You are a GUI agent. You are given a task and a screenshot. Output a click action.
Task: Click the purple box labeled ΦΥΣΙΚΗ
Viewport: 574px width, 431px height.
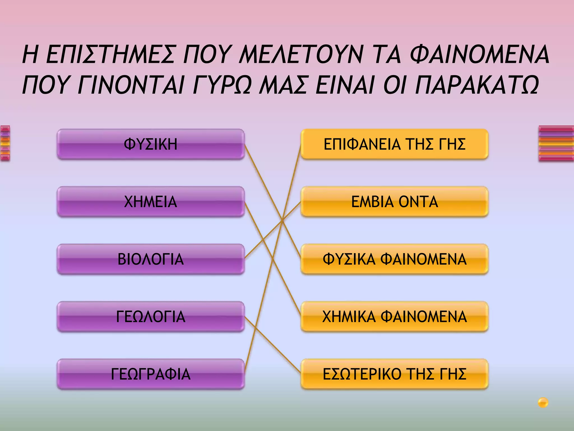coord(151,145)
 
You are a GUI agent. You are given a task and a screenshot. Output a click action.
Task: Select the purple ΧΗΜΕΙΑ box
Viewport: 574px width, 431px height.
coord(151,202)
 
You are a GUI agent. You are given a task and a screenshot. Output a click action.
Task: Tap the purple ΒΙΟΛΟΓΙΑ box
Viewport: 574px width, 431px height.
coord(151,259)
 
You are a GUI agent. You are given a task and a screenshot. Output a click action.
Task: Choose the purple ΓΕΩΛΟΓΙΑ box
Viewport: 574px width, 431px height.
coord(151,317)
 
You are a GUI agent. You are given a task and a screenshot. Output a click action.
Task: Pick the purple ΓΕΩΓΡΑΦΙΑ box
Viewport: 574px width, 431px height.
coord(151,374)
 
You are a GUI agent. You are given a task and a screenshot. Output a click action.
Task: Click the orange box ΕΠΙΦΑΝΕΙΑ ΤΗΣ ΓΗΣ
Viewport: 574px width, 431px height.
coord(394,145)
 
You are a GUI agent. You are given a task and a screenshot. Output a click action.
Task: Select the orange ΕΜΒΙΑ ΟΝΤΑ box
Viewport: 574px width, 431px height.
coord(394,202)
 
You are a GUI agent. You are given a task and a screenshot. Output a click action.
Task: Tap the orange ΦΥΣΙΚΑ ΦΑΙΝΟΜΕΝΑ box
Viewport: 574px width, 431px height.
coord(394,259)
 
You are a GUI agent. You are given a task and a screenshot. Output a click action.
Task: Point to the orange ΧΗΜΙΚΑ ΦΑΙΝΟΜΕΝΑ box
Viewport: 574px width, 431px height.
coord(394,317)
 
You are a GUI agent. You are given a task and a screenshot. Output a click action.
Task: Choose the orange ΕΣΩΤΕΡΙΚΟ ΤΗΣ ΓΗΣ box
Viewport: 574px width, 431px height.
coord(394,374)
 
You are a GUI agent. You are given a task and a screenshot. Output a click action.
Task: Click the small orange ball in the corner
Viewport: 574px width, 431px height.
coord(543,402)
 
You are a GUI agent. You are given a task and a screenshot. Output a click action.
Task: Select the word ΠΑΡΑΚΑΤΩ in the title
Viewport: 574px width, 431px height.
coord(476,85)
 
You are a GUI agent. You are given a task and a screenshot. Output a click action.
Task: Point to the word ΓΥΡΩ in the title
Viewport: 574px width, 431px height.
coord(221,85)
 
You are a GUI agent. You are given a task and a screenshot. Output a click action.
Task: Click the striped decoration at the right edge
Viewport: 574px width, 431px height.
coord(556,143)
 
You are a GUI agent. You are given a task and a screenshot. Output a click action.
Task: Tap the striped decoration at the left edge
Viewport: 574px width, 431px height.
coord(5,143)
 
